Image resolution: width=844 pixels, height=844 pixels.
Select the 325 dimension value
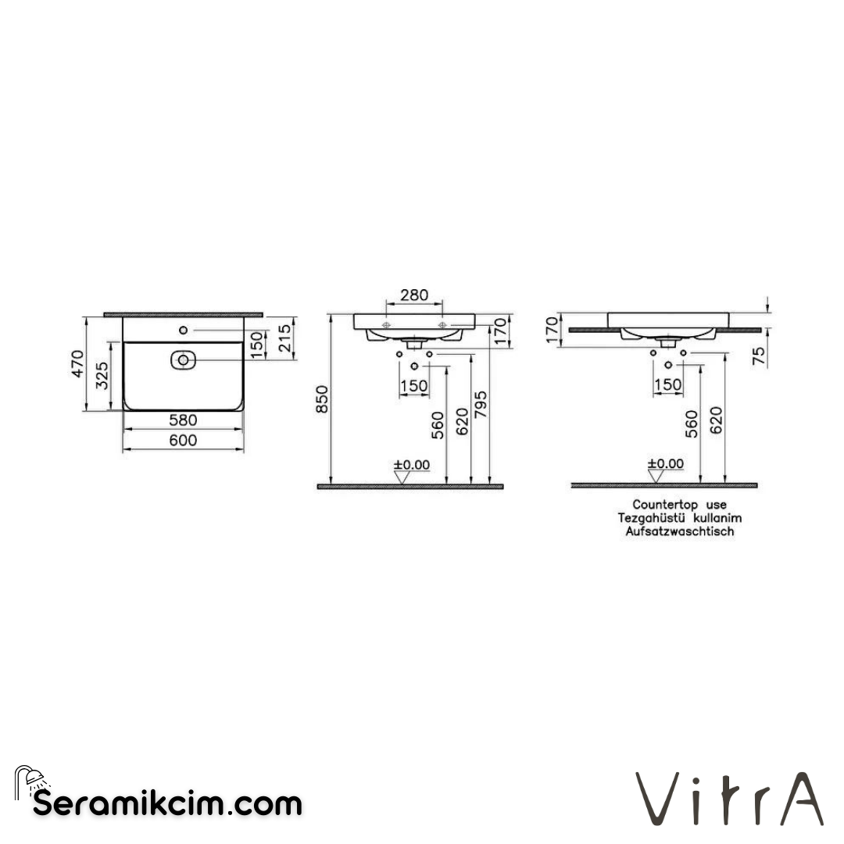pyautogui.click(x=102, y=377)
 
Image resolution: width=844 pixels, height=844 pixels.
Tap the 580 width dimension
pyautogui.click(x=183, y=420)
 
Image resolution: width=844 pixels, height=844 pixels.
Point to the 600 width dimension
pyautogui.click(x=183, y=440)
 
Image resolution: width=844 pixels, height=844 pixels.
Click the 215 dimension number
pyautogui.click(x=285, y=338)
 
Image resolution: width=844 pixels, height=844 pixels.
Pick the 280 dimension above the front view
pyautogui.click(x=414, y=295)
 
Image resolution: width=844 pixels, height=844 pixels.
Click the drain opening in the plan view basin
pyautogui.click(x=182, y=360)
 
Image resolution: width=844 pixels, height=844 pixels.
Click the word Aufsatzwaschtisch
pyautogui.click(x=679, y=531)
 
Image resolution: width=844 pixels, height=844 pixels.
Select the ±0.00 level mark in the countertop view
pyautogui.click(x=665, y=463)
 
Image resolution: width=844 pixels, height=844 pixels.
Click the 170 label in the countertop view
pyautogui.click(x=553, y=329)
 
